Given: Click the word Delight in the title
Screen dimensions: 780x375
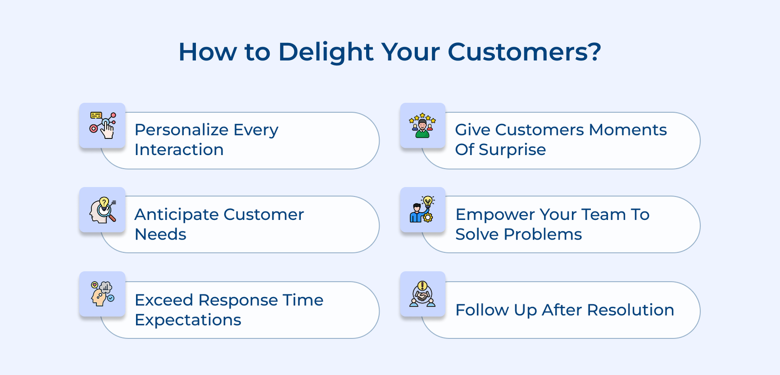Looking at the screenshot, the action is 326,52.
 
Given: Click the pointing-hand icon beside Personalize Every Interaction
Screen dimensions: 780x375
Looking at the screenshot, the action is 102,125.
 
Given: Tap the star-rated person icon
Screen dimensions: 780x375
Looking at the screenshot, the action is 422,125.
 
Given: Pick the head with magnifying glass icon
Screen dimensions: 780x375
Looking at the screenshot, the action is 102,210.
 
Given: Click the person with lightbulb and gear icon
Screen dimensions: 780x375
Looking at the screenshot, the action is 422,209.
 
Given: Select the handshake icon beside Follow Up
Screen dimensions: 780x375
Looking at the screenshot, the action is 422,294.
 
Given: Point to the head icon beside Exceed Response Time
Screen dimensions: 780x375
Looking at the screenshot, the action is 102,294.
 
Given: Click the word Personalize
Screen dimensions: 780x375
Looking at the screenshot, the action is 181,130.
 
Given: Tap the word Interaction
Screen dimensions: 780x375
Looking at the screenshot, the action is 179,150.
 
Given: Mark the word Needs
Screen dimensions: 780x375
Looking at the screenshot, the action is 160,235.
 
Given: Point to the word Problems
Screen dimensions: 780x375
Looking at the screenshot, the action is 543,235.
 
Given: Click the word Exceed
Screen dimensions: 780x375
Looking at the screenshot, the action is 164,300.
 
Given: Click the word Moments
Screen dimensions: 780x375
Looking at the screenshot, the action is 628,130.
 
